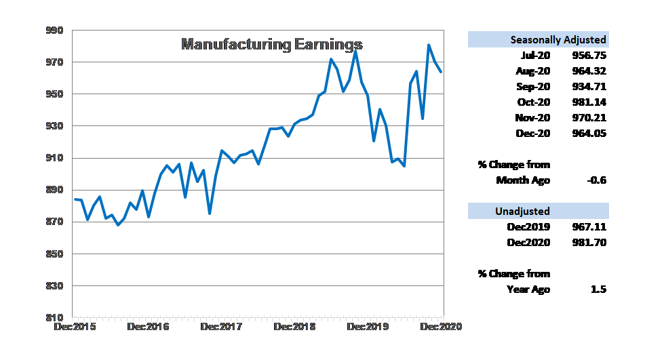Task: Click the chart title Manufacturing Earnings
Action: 272,45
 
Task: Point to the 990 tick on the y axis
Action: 55,31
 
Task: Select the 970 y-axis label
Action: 55,62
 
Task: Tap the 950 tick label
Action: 55,94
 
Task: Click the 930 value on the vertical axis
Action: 55,126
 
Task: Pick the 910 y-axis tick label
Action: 55,158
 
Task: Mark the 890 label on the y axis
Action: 55,190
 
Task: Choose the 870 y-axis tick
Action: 55,222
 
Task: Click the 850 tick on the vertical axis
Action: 55,254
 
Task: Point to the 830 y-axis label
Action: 55,286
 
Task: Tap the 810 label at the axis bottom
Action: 55,317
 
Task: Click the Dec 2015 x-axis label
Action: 75,327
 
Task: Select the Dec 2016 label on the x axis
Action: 147,327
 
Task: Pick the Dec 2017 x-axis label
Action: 222,327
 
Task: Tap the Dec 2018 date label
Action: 295,327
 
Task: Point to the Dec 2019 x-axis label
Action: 369,327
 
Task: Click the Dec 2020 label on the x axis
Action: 442,327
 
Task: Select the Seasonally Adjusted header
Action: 558,40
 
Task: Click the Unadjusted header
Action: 522,212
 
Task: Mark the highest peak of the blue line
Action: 429,45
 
